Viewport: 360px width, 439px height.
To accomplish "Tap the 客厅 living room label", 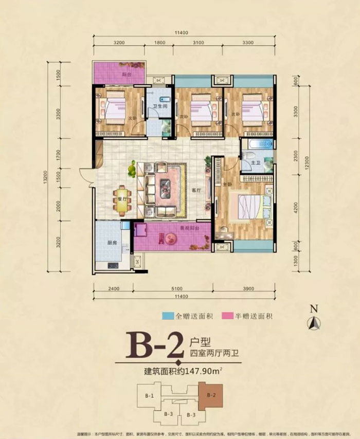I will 195,190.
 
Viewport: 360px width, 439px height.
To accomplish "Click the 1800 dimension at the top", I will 159,43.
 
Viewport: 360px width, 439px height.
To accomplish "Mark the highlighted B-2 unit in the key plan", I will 209,396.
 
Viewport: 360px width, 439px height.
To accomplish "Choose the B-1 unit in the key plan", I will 150,396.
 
